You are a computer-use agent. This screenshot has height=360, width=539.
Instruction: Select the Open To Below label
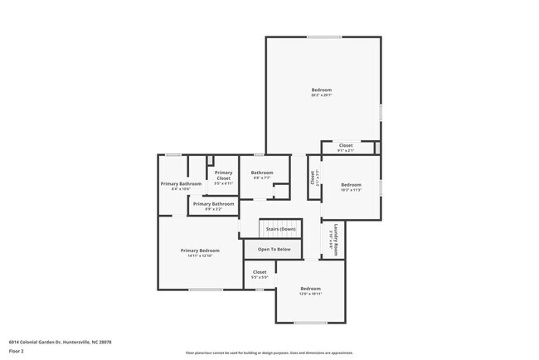tap(274, 249)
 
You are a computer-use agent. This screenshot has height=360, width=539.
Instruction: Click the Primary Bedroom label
tap(200, 250)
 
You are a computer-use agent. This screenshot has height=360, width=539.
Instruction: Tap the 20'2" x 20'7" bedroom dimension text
tap(321, 95)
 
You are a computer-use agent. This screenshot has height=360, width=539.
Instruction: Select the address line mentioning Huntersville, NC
tap(60, 342)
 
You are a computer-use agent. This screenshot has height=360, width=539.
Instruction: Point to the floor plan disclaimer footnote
tap(269, 353)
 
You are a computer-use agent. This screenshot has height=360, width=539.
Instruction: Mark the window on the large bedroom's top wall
tap(323, 36)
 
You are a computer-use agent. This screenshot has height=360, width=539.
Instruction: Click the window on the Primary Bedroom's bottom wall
tap(205, 289)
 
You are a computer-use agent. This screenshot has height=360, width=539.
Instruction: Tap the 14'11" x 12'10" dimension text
tap(200, 255)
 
